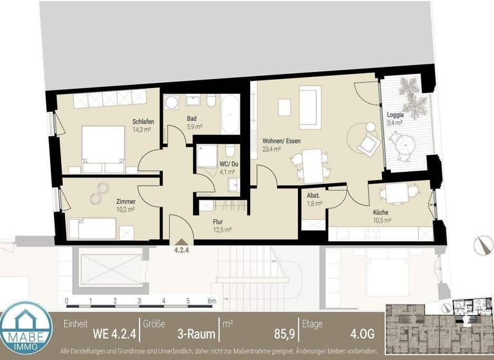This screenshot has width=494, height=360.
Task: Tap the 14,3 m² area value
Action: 142,130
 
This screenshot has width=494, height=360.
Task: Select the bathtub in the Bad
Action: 230,115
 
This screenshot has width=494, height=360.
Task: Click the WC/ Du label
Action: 210,163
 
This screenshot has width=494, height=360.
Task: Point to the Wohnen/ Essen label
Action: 281,141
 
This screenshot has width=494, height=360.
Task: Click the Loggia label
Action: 394,114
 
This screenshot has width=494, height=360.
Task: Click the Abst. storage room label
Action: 314,196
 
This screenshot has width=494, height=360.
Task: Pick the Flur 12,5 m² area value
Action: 222,229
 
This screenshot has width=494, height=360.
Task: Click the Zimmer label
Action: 126,201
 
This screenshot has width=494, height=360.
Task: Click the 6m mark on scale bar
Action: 211,301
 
